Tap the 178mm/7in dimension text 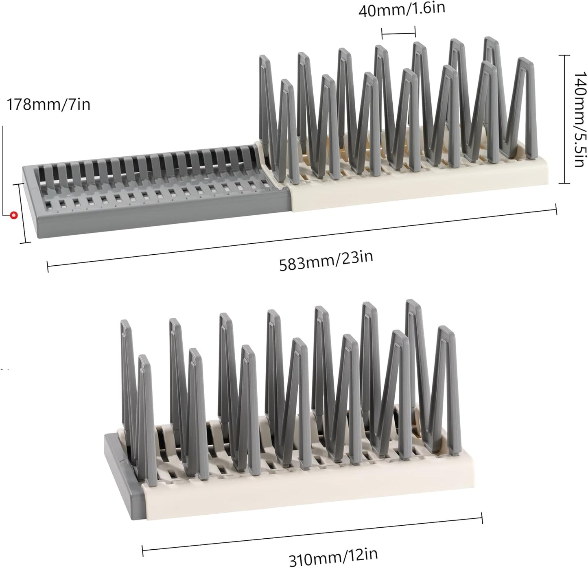48,105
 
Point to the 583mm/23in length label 326,261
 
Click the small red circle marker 13,215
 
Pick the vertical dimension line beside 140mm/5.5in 564,119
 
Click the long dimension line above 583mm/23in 302,238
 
